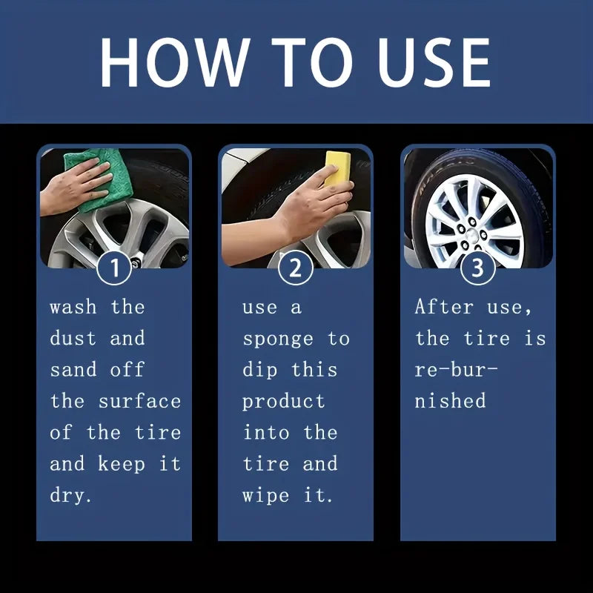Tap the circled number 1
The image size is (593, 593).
[114, 268]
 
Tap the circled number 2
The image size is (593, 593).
[296, 268]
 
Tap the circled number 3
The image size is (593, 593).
[478, 268]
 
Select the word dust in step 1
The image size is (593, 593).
[73, 339]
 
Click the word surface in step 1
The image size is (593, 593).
[140, 401]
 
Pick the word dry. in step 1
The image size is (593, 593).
[71, 496]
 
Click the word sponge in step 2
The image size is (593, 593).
[278, 339]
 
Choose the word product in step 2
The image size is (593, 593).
[283, 402]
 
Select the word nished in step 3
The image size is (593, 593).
[450, 401]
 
